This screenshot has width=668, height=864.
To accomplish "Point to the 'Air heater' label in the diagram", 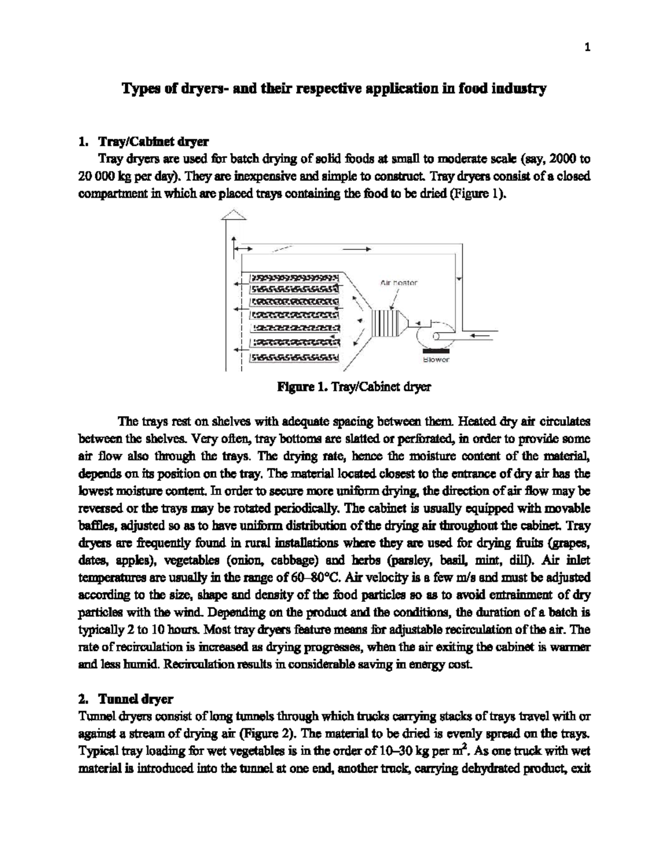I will click(x=399, y=283).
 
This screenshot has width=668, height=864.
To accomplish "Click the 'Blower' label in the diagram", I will click(x=436, y=360).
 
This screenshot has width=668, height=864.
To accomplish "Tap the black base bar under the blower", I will click(x=436, y=350).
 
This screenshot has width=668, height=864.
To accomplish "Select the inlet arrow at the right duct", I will click(x=479, y=335).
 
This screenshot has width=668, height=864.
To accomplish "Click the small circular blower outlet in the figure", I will click(x=438, y=335).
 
